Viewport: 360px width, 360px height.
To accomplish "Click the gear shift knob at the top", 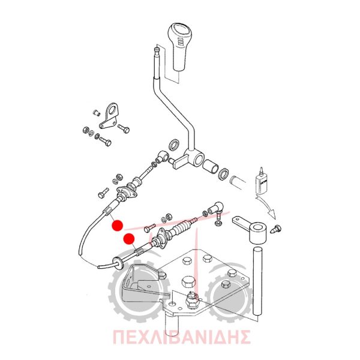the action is [180, 46].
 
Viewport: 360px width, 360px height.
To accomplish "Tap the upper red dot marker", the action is [118, 226].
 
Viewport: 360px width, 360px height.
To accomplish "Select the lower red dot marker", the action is [129, 239].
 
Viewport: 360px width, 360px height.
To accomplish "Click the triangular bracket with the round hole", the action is [109, 116].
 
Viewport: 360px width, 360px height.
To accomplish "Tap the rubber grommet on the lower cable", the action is [118, 263].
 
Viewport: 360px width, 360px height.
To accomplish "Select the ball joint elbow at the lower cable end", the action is [216, 209].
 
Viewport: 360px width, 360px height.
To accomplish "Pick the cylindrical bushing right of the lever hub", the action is [211, 166].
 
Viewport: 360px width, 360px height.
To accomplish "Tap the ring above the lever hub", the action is [174, 145].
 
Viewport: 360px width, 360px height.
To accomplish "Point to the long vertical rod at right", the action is [257, 281].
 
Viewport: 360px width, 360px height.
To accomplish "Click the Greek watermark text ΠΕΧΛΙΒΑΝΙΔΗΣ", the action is [182, 337].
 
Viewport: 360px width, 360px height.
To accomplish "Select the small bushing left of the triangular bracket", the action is [97, 113].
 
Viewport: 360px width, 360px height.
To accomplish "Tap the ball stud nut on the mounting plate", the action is [192, 299].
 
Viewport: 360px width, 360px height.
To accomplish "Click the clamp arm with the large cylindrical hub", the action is [251, 229].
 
